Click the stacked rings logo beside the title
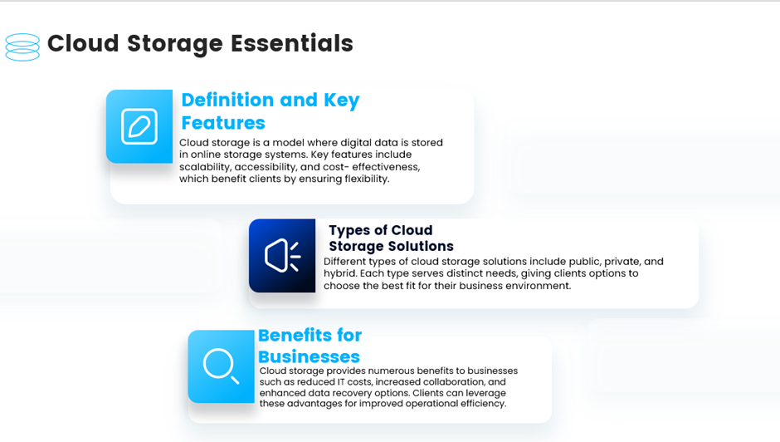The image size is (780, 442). coord(22,47)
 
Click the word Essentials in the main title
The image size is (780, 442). coord(292,43)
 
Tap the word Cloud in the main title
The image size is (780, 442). coord(83,43)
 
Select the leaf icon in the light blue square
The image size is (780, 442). coord(139,126)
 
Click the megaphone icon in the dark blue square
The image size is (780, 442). coord(283,256)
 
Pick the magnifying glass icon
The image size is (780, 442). coord(222,366)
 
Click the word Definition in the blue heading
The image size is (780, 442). coord(227,100)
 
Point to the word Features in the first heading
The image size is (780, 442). coord(223,123)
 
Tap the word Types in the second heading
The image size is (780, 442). coord(350,231)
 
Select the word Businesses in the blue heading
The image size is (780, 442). coord(309,356)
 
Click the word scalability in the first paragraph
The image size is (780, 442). coord(205,167)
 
